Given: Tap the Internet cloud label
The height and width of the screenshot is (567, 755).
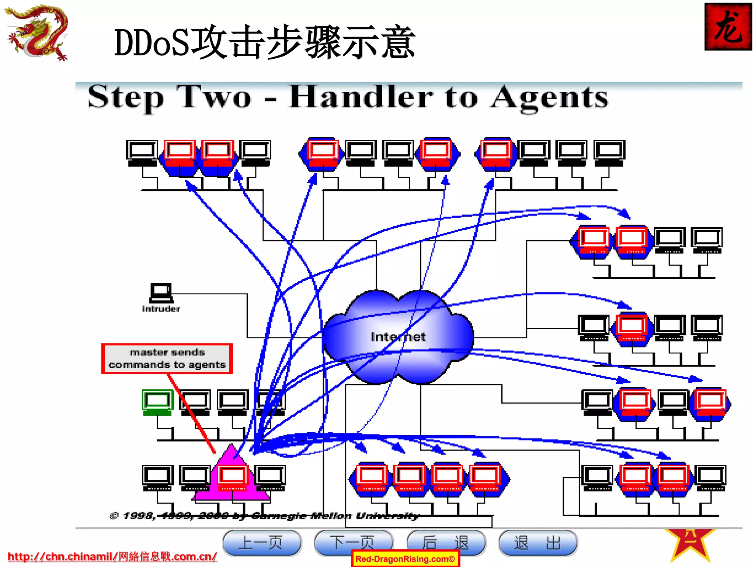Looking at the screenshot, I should tap(398, 337).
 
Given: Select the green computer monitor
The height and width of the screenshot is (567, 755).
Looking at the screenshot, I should tap(157, 402).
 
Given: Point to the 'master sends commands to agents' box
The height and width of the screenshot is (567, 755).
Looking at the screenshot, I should tap(167, 358).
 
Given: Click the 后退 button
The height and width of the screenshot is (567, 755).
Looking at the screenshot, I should tap(446, 542).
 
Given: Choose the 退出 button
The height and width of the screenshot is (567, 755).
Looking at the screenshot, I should tap(537, 542).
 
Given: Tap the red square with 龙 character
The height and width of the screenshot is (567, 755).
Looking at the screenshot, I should tap(728, 27).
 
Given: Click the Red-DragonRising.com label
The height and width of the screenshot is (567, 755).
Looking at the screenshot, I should tap(405, 559).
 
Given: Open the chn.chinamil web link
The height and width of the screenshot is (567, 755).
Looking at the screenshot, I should tap(112, 556).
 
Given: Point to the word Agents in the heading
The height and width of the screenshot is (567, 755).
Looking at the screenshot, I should tap(549, 98).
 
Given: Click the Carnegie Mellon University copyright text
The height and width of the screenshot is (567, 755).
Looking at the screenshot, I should tap(265, 516).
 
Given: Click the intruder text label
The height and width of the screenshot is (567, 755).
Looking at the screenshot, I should tap(161, 309).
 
